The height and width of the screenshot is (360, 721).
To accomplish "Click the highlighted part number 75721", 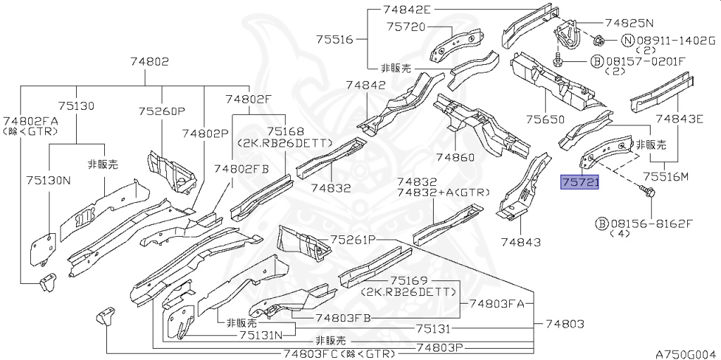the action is (579, 182).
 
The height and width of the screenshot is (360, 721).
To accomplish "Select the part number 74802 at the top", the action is (149, 61).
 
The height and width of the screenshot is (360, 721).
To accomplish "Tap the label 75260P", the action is (162, 111).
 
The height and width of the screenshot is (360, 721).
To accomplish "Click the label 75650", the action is (546, 120).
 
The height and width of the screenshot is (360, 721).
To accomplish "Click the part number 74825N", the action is (629, 22).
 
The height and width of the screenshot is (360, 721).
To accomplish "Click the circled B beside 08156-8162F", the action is (601, 224).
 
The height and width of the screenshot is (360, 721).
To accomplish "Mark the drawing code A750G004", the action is (687, 354).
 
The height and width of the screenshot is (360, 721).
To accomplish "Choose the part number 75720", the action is (406, 26).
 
